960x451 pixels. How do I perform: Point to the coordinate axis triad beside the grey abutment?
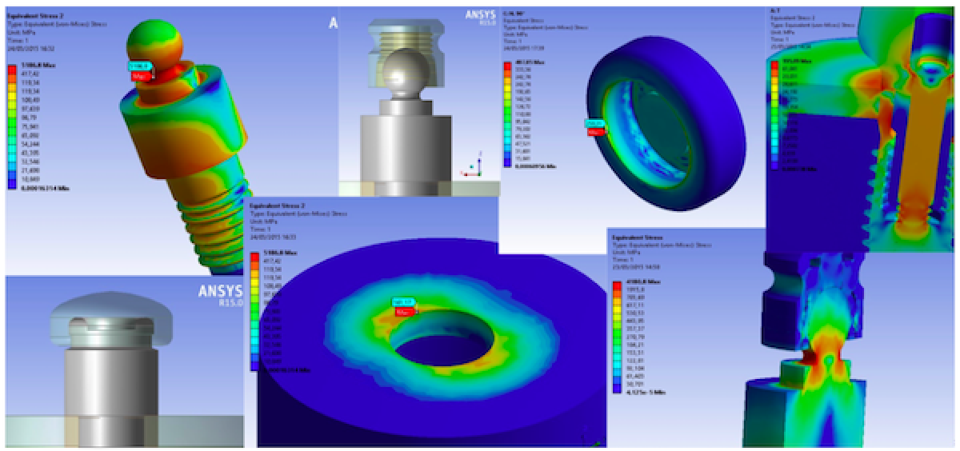click(472, 166)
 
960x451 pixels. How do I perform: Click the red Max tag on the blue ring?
click(594, 132)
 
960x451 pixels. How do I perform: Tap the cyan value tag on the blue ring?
click(594, 123)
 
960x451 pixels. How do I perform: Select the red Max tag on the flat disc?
click(407, 309)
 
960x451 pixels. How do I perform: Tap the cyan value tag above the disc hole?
click(402, 301)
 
